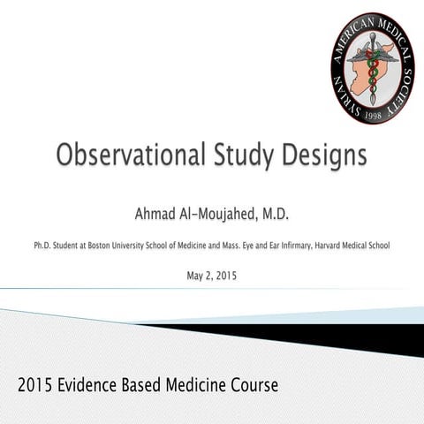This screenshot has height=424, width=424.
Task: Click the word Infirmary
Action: [288, 244]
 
